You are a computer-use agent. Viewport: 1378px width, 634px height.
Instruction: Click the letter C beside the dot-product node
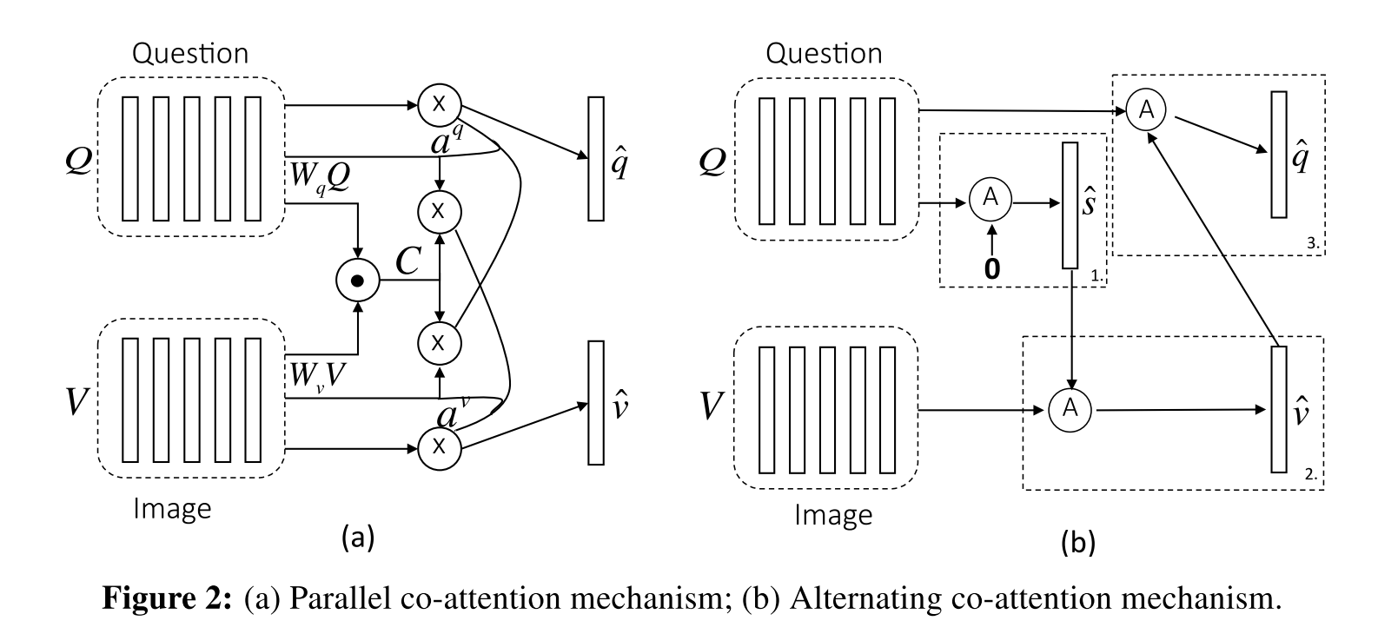408,261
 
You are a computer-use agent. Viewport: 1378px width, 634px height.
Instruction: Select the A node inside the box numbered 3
1147,109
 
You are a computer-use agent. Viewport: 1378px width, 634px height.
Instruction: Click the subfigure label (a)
358,536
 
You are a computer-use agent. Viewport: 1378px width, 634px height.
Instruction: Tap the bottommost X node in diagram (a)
439,447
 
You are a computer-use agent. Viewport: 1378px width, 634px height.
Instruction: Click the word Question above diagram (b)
825,53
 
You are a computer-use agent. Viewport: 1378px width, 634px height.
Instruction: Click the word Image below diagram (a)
172,508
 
